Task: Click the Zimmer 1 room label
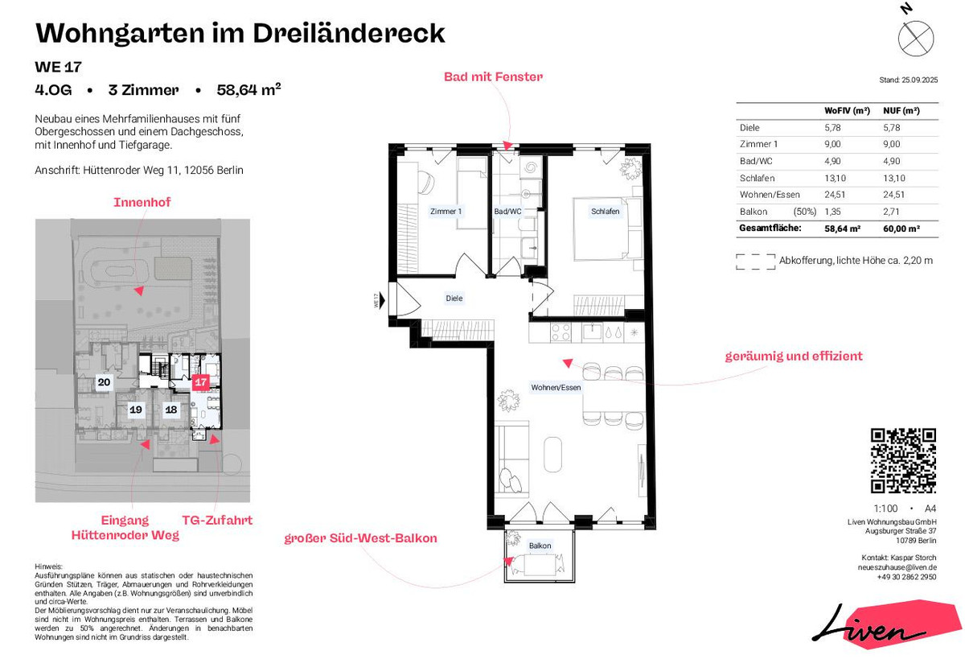(x=446, y=211)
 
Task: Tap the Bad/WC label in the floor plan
(x=507, y=211)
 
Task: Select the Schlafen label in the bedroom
(x=605, y=211)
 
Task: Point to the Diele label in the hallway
(x=454, y=298)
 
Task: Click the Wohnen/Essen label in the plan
(x=556, y=387)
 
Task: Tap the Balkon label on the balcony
(x=540, y=546)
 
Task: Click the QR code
(x=903, y=460)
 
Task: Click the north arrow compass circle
(x=916, y=39)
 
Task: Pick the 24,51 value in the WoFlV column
(x=835, y=195)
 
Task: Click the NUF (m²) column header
(x=901, y=110)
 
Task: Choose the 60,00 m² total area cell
(x=901, y=229)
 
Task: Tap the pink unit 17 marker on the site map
(x=200, y=382)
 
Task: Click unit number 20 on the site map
(x=104, y=382)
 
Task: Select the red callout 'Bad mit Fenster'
(x=493, y=76)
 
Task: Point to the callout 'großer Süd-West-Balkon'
(x=360, y=538)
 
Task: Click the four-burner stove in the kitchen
(x=561, y=333)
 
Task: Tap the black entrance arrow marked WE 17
(x=381, y=300)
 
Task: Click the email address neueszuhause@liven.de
(x=897, y=567)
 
